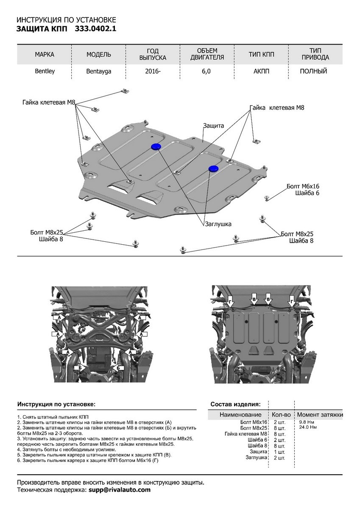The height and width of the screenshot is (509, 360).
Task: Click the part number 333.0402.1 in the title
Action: coord(95,29)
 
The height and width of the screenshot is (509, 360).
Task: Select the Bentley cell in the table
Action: coord(45,71)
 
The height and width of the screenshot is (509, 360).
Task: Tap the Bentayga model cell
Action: coord(98,72)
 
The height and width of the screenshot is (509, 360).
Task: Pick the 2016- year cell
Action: coord(153,71)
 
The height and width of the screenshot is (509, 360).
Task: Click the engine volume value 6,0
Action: coord(207,71)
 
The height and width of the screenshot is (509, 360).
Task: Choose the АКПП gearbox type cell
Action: coord(261,71)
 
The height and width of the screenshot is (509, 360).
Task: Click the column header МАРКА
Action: coord(45,55)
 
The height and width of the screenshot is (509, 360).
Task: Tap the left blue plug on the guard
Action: coord(155,147)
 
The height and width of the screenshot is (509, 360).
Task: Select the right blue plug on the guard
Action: coord(213,169)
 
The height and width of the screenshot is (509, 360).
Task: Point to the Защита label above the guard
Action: coord(213,126)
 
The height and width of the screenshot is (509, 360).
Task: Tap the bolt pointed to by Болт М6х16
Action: coord(266,198)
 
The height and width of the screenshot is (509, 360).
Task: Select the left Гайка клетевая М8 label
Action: coord(49,102)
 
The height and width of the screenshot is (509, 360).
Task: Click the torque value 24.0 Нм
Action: coord(308,428)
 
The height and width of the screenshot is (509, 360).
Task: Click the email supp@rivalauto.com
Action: coord(120,489)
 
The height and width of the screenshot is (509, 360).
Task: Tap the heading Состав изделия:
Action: coord(235,404)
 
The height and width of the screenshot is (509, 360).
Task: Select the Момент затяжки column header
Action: coord(320,414)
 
